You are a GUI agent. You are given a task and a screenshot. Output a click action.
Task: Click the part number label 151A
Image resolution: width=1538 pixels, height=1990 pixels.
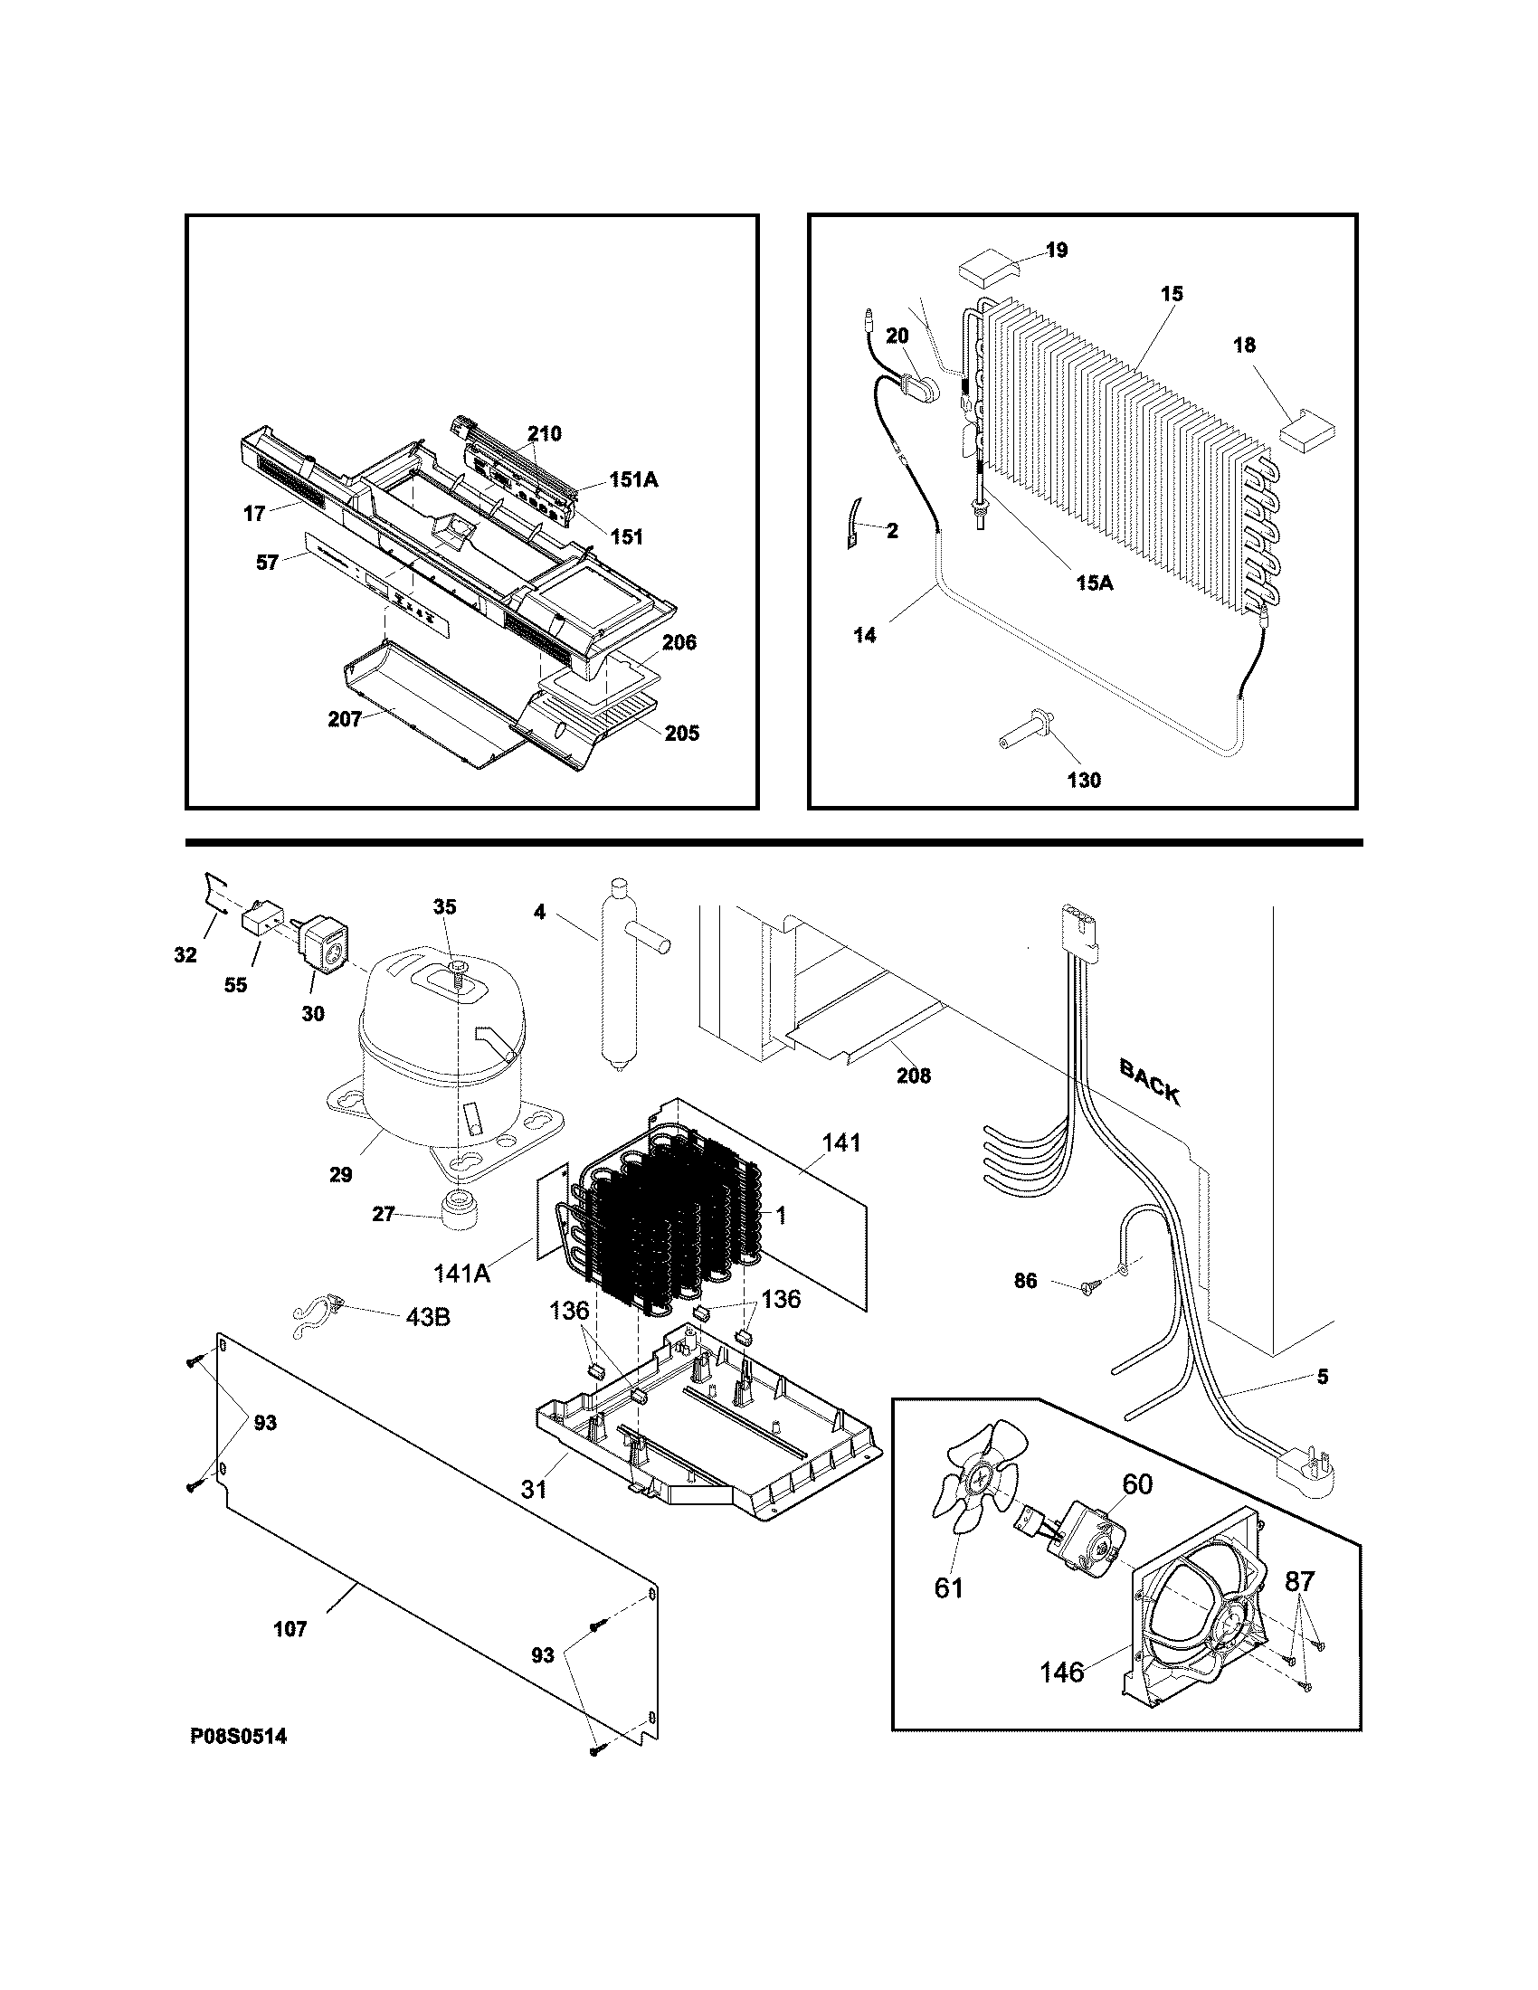(x=632, y=479)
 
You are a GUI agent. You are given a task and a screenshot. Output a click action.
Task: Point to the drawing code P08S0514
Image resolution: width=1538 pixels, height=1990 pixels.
(x=238, y=1737)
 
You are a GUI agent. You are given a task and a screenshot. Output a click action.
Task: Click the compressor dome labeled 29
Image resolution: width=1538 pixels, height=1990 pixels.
(x=440, y=1057)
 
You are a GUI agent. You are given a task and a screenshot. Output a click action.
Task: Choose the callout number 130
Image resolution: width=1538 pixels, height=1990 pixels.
(x=1083, y=780)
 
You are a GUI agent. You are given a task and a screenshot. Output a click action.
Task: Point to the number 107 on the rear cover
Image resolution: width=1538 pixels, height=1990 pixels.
(x=290, y=1628)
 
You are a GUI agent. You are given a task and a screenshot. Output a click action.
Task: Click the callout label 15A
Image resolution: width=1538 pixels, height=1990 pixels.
(x=1095, y=583)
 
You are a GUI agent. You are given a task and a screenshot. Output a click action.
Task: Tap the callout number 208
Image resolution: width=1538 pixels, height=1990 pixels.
(x=913, y=1076)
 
